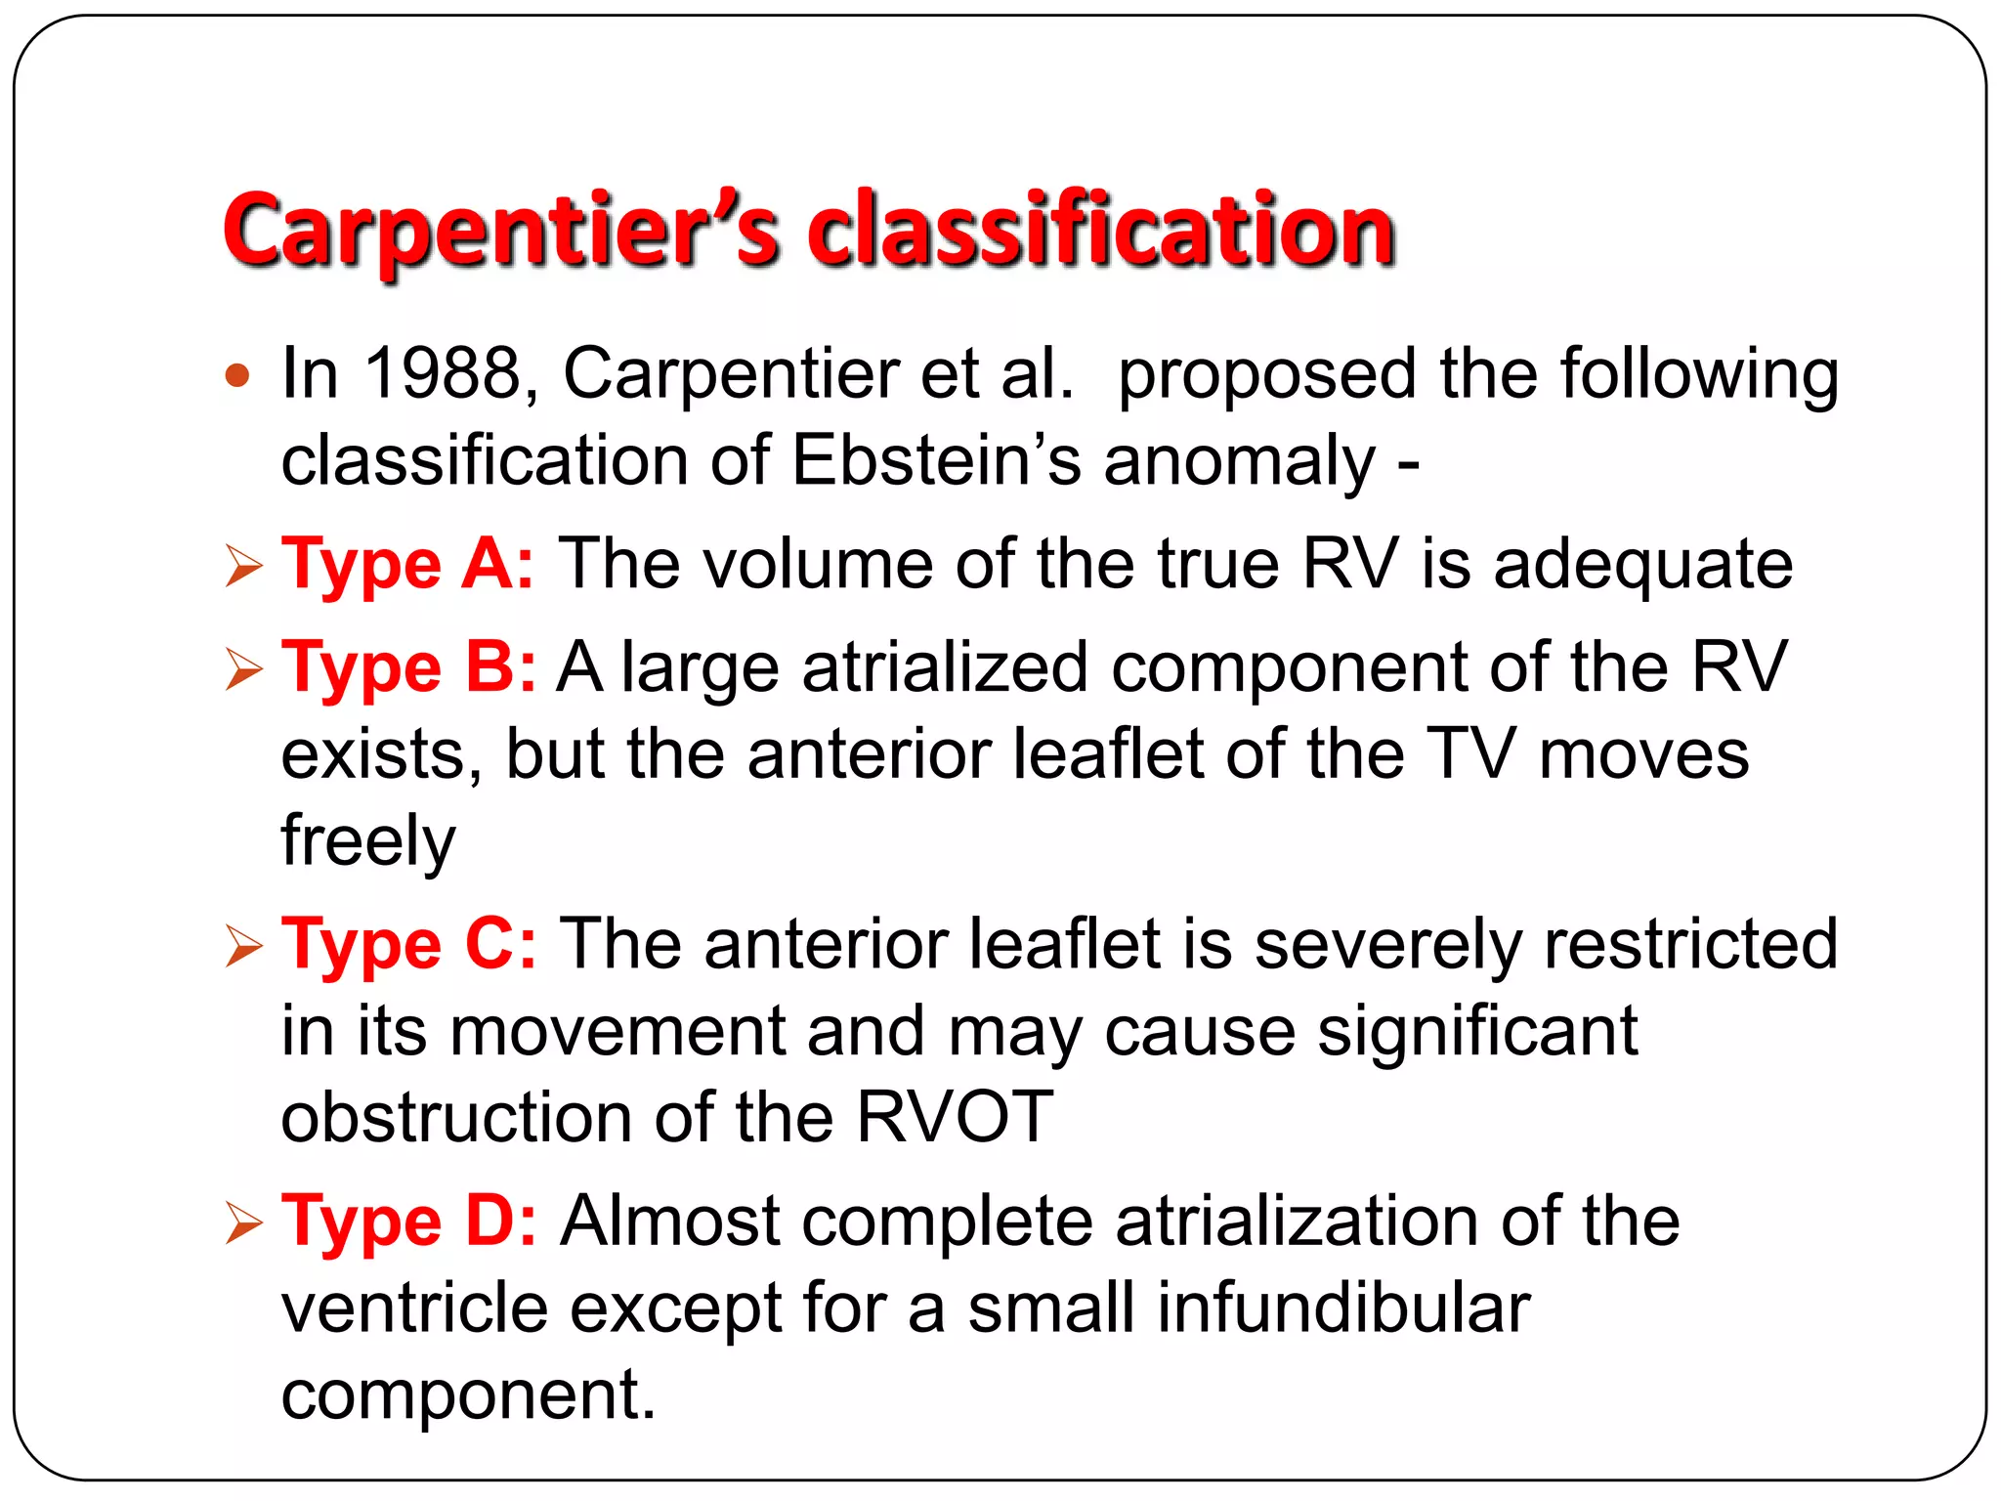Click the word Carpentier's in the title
point(500,231)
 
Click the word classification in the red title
point(1101,231)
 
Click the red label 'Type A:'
point(407,565)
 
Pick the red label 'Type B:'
point(407,668)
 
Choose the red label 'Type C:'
point(408,945)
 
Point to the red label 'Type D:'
point(408,1222)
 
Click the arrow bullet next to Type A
point(243,567)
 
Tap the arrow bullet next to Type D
point(243,1223)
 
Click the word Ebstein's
point(936,460)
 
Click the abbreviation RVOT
point(955,1117)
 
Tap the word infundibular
point(1343,1308)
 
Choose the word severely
point(1387,945)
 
